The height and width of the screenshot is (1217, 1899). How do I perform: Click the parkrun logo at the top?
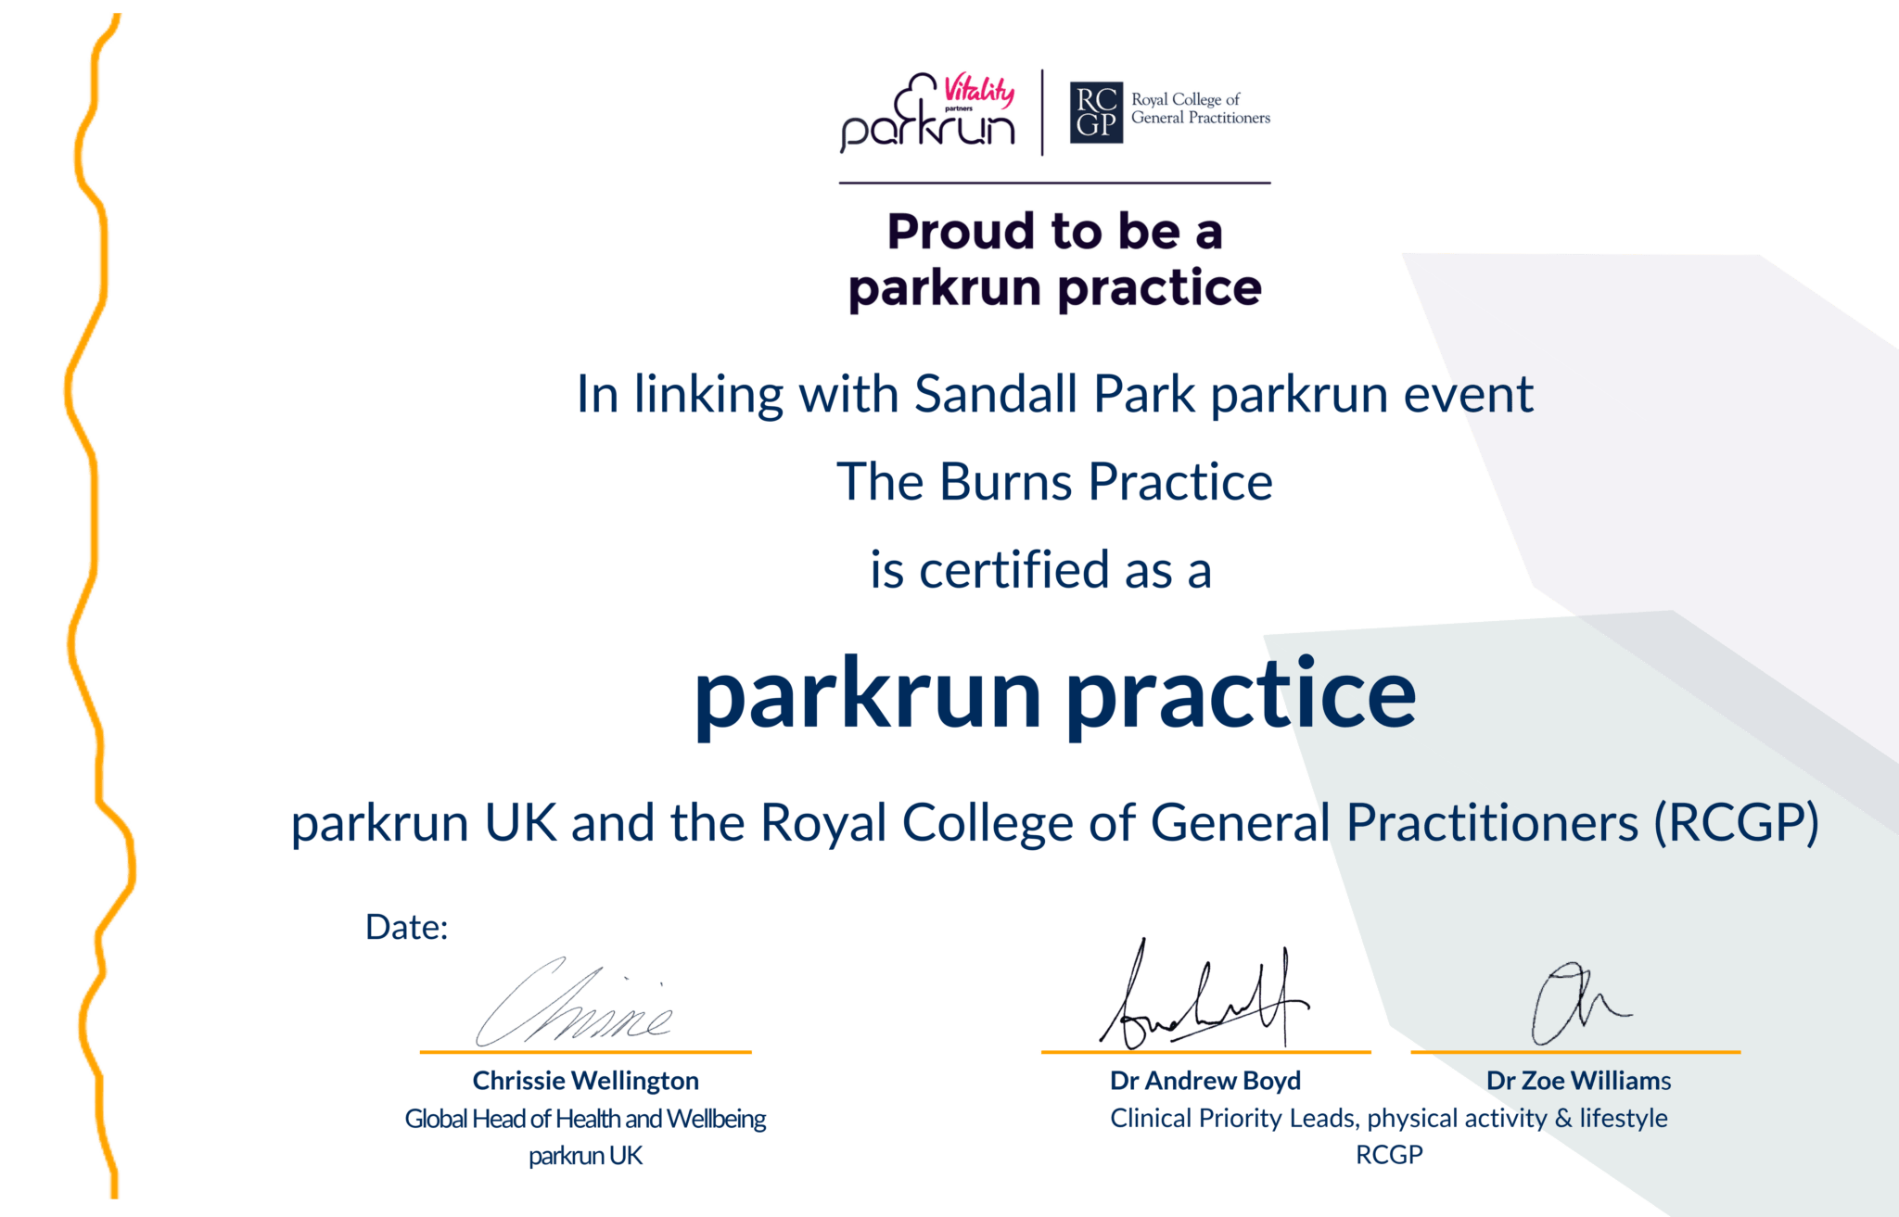coord(927,116)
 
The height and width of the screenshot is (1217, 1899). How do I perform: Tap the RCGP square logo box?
coord(1095,113)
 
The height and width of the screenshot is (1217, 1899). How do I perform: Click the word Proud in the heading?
coord(960,232)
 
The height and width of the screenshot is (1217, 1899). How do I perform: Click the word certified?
coord(1013,570)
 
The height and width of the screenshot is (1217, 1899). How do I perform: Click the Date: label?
coord(406,928)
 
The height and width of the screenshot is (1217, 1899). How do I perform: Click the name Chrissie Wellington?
coord(585,1081)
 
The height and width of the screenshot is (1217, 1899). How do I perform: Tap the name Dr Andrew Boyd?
coord(1204,1081)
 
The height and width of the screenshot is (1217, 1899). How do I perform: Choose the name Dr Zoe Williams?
coord(1578,1081)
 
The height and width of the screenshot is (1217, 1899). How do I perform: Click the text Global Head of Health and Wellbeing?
coord(585,1119)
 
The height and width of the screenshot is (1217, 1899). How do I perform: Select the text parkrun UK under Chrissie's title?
coord(585,1156)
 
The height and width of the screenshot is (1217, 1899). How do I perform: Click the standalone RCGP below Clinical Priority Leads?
coord(1388,1155)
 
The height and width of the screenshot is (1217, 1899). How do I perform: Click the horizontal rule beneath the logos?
coord(1054,184)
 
